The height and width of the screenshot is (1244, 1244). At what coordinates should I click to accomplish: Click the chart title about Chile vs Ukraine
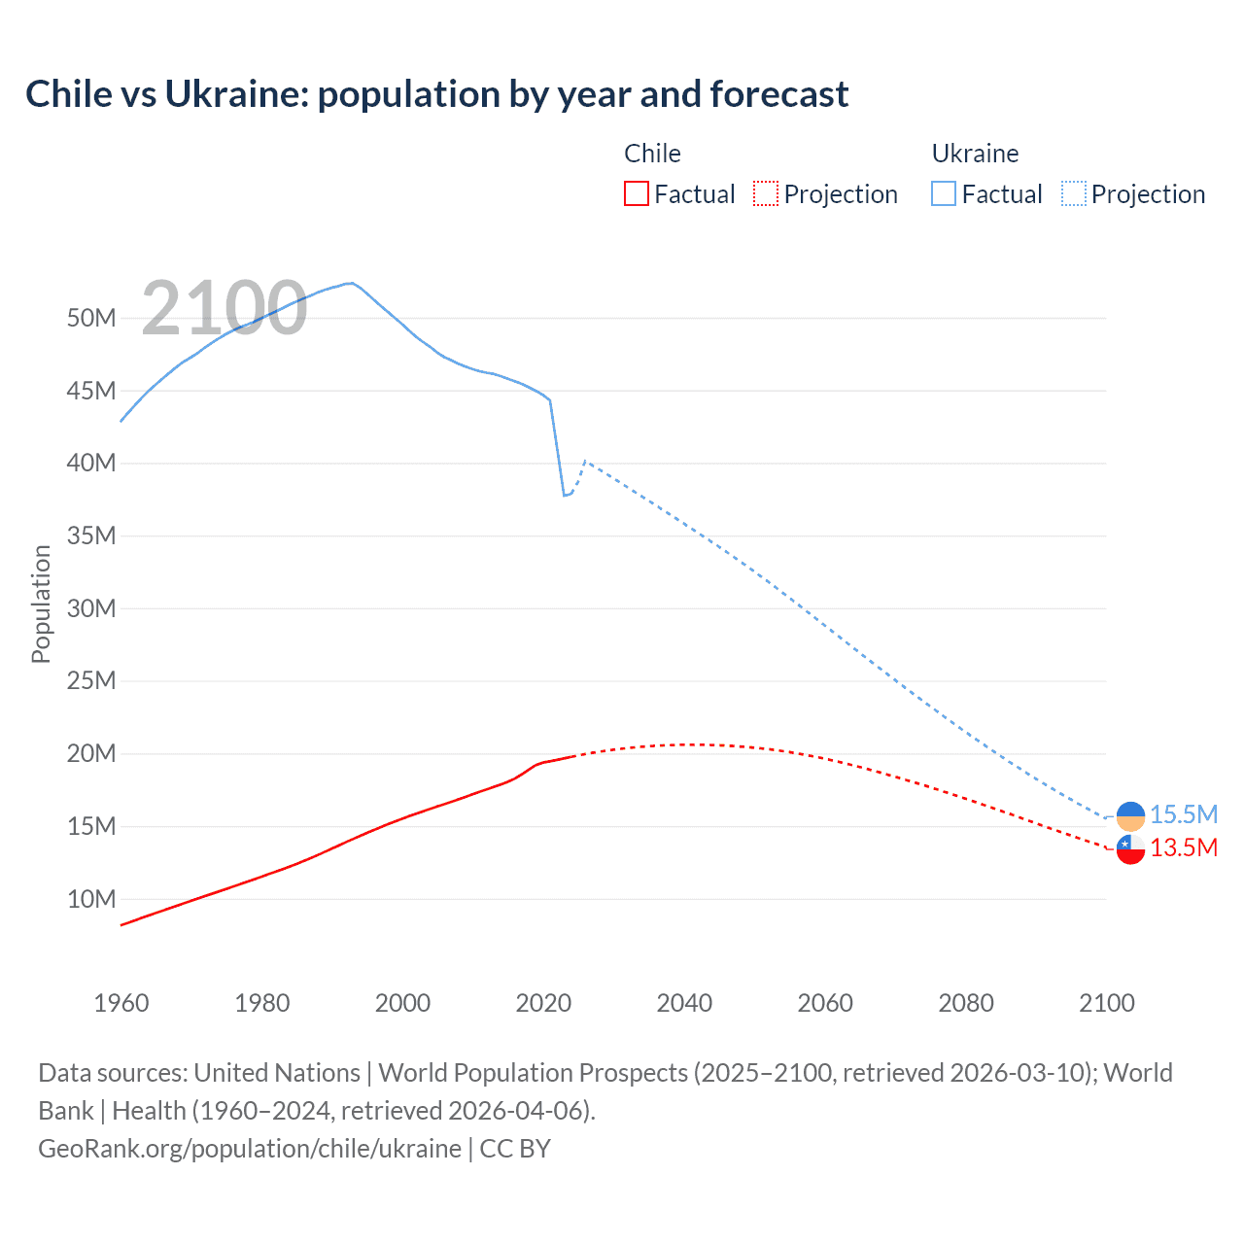click(x=436, y=94)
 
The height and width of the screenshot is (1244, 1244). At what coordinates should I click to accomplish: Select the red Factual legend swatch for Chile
click(x=636, y=193)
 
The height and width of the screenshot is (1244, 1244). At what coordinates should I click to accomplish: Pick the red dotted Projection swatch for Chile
click(x=766, y=193)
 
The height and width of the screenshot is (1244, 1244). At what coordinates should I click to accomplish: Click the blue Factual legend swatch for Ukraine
click(x=943, y=193)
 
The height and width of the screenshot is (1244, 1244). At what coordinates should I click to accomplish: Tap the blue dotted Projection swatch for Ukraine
click(x=1073, y=193)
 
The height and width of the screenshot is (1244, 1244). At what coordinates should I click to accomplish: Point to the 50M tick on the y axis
click(x=91, y=318)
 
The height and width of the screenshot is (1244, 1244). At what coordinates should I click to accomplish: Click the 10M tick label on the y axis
click(x=91, y=899)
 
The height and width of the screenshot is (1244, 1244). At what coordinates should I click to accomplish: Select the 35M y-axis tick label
click(x=91, y=536)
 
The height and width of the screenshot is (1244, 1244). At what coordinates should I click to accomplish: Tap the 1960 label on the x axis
click(x=121, y=1003)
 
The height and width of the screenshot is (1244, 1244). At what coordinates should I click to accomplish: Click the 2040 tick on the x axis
click(x=684, y=1003)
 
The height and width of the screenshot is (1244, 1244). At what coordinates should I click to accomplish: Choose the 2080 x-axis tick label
click(x=966, y=1003)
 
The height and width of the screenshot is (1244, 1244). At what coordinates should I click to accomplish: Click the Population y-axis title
click(x=41, y=604)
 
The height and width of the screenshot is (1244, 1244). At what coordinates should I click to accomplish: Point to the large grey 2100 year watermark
click(x=225, y=308)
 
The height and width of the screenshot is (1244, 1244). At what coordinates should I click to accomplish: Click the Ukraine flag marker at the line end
click(x=1130, y=816)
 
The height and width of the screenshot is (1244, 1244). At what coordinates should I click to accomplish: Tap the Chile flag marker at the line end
click(x=1130, y=849)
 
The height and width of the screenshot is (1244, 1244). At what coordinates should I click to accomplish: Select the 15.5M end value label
click(x=1183, y=814)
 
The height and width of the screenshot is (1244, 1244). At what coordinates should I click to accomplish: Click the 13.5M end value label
click(x=1183, y=847)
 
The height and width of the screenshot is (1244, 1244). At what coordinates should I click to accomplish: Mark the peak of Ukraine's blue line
click(x=351, y=283)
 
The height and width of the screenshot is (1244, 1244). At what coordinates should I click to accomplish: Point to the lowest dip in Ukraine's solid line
click(x=565, y=496)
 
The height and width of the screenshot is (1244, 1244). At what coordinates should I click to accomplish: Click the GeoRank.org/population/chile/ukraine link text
click(x=250, y=1149)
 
